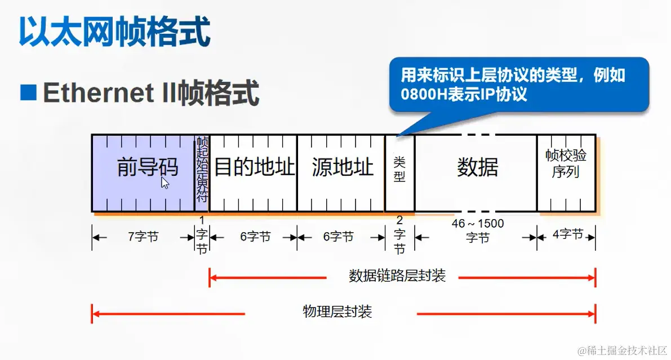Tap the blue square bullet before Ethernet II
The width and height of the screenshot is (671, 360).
[x=28, y=92]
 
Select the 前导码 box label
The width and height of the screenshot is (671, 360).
[x=147, y=167]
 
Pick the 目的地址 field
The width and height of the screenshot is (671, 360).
[x=254, y=167]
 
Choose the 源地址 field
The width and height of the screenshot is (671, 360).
[x=342, y=167]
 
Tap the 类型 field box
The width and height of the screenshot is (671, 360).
[x=399, y=170]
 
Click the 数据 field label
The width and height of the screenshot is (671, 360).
[x=477, y=167]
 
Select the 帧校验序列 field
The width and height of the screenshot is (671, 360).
[x=566, y=163]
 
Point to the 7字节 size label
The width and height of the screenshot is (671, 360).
[x=143, y=237]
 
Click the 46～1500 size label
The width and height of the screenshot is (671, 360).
[x=477, y=224]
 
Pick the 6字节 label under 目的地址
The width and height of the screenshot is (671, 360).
[x=255, y=237]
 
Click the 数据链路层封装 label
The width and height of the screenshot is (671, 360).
[x=397, y=276]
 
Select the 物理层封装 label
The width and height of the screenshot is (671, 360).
[x=337, y=312]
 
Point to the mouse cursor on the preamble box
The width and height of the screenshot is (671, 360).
[x=164, y=183]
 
